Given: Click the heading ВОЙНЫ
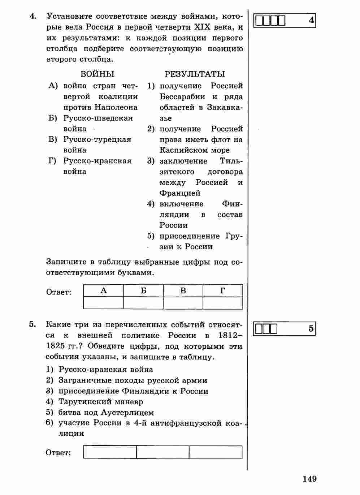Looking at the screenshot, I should (97, 74).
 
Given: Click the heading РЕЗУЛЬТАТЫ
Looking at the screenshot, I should (195, 74).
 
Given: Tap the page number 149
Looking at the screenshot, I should (309, 479).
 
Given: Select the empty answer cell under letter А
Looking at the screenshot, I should (103, 303).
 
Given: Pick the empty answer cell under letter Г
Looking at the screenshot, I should (223, 303).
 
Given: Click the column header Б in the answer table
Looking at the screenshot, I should (143, 290).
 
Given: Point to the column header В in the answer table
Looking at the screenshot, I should (183, 290).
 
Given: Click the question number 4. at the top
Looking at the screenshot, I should (33, 16).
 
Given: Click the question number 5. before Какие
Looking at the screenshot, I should (32, 324).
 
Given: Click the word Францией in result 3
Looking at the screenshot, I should (180, 193).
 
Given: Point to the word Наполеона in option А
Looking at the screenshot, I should (116, 107).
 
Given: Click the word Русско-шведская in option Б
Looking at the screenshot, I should (98, 118).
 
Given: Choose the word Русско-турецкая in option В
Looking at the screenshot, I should (97, 139).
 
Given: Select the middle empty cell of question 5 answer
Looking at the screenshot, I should (163, 452).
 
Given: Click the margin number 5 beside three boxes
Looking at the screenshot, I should (311, 329).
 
